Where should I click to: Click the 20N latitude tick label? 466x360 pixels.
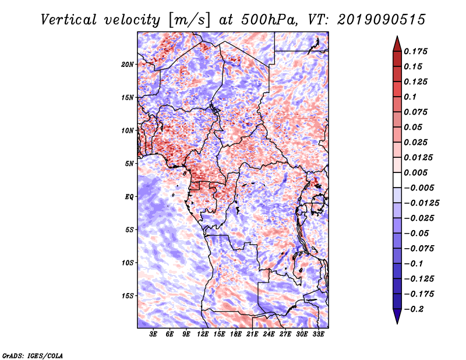pos(128,64)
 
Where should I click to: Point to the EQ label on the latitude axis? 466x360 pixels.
pos(129,197)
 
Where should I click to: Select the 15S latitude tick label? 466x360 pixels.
pos(128,296)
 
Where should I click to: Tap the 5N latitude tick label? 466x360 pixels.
pos(129,164)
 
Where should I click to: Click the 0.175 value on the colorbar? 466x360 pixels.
pos(417,51)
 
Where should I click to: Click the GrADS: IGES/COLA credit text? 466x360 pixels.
pos(32,355)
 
